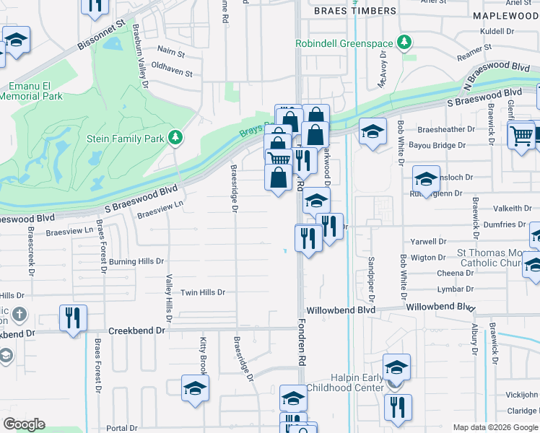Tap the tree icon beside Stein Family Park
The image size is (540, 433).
(174, 136)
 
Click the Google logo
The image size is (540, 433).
(24, 424)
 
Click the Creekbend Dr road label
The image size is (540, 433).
(137, 331)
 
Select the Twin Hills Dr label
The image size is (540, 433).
(203, 292)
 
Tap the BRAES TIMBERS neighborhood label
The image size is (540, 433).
(355, 11)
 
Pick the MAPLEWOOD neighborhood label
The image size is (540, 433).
(506, 15)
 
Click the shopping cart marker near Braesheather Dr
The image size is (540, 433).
(521, 134)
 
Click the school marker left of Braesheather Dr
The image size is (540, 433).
(373, 131)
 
